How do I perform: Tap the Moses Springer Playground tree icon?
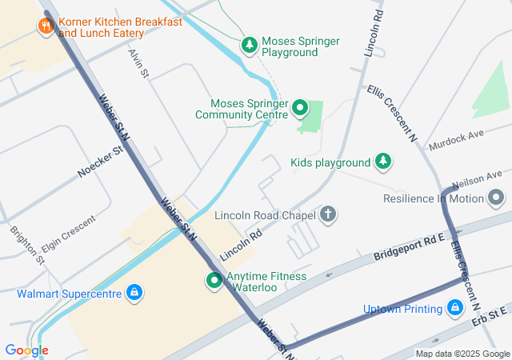tap(250, 46)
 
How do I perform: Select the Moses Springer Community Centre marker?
tap(300, 107)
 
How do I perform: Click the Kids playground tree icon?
tap(384, 162)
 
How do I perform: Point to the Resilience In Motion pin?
tap(497, 198)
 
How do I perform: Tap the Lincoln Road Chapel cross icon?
tap(327, 214)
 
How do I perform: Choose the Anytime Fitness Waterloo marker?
tap(214, 281)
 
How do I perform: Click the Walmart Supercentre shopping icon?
tap(135, 293)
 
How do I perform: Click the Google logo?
tap(26, 350)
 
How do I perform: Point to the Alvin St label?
tap(139, 62)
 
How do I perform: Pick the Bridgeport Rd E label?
tap(408, 249)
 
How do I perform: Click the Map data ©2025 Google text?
tap(462, 354)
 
